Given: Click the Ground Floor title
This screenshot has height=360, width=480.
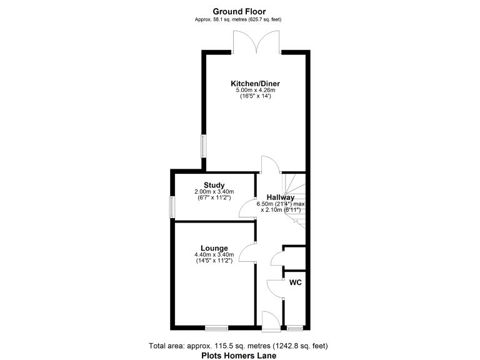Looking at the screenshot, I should [x=239, y=11].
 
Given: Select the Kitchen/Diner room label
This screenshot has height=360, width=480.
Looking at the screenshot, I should [x=255, y=83].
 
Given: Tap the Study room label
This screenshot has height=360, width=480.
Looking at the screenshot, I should [x=214, y=184].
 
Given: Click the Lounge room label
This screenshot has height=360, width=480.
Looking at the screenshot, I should [x=214, y=247].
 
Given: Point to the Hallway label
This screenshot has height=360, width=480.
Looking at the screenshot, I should [x=281, y=197].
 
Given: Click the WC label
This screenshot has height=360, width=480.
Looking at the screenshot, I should [x=296, y=282].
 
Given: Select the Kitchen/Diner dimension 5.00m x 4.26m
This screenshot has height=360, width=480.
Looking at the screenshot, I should [x=255, y=91].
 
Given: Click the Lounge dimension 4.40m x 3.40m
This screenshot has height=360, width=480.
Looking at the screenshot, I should [x=214, y=255].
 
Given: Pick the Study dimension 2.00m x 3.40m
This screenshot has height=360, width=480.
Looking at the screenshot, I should [x=214, y=191].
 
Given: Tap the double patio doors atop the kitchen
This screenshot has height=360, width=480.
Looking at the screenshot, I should [x=255, y=44].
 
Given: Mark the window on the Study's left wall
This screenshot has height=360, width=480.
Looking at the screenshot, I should [x=172, y=207].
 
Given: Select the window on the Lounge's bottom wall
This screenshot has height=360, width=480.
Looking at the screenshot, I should [x=217, y=327].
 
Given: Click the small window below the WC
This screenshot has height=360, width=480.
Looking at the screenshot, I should [x=294, y=327].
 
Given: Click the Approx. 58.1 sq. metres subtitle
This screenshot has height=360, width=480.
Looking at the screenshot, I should [x=239, y=19].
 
